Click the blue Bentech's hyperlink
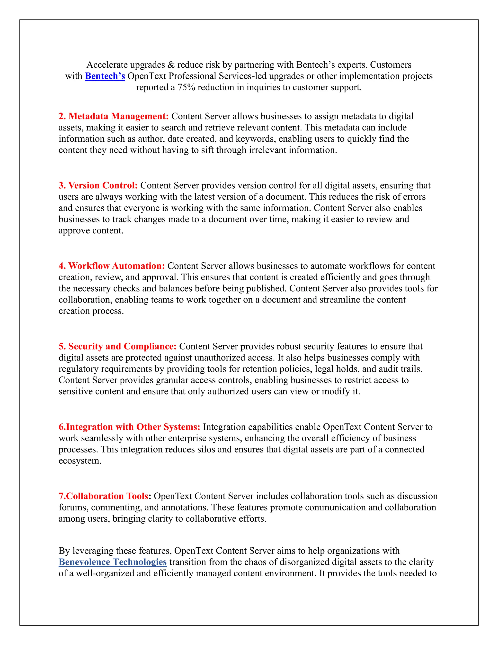tap(105, 76)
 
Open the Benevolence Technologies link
tap(112, 562)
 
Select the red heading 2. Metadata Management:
tap(114, 116)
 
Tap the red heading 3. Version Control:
tap(98, 185)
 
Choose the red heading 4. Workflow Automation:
tap(112, 266)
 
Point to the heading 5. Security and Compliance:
tap(117, 346)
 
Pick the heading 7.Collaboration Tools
tap(104, 496)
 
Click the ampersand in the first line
tap(171, 65)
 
